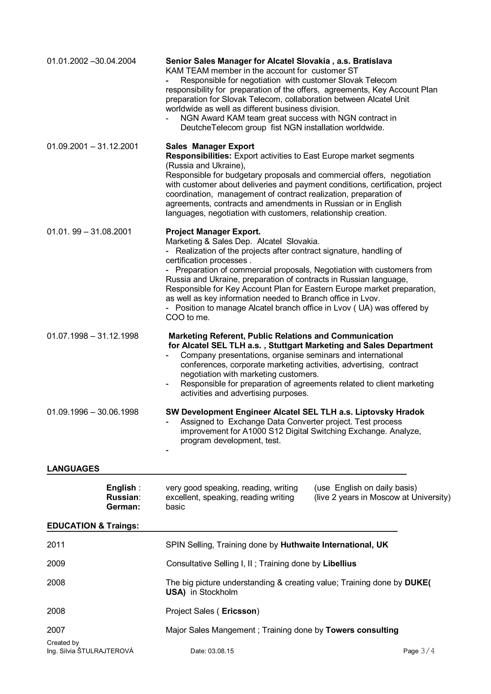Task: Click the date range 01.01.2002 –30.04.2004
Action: point(91,61)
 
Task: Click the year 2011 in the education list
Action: point(56,545)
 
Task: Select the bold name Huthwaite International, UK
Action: point(334,545)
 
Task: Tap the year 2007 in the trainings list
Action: point(56,630)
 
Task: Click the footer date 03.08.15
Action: point(221,651)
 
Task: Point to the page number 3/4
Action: point(427,651)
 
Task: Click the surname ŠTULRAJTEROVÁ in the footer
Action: point(105,651)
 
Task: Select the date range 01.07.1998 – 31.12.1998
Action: point(93,336)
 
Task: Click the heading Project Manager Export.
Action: point(213,232)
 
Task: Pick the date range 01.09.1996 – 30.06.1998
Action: point(93,412)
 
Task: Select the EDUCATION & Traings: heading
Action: point(93,526)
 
